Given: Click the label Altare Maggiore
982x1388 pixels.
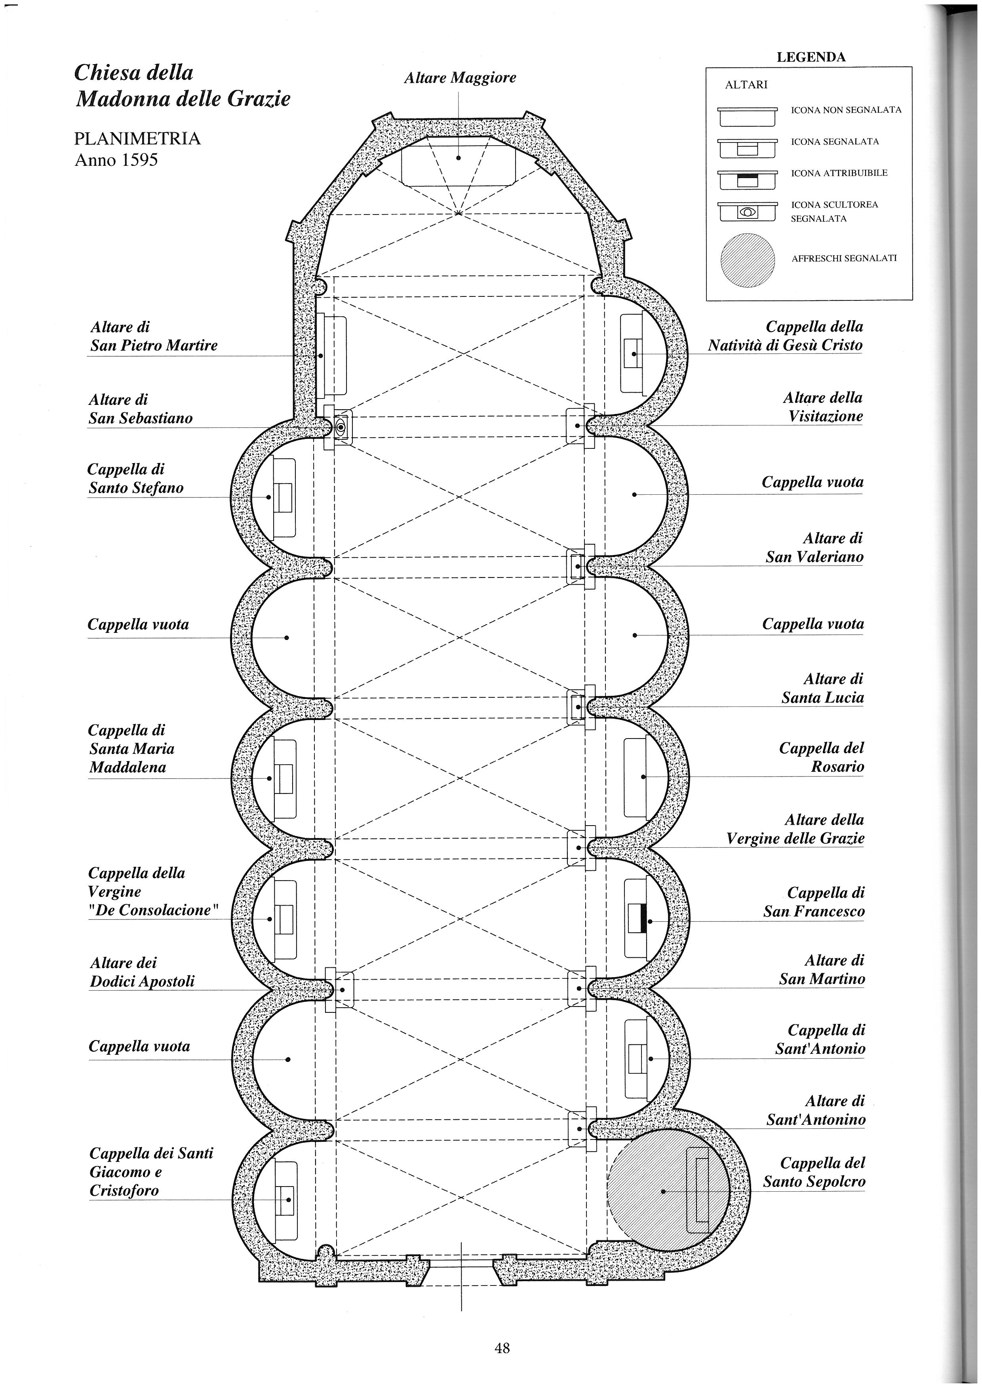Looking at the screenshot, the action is [x=460, y=78].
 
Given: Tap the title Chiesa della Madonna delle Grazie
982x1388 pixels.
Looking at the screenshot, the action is [x=182, y=85].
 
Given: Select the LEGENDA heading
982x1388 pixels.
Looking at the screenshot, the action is [x=811, y=57].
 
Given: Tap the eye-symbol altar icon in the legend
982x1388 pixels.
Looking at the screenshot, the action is [x=747, y=212].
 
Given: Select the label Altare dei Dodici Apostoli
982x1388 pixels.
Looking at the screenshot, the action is [x=142, y=972].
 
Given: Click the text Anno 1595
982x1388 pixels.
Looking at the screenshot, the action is [x=116, y=160].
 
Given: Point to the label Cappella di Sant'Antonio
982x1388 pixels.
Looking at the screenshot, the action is [x=820, y=1039].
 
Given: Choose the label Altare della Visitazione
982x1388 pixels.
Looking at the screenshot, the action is [x=823, y=407].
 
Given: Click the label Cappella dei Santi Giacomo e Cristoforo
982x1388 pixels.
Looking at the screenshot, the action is [x=151, y=1172].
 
